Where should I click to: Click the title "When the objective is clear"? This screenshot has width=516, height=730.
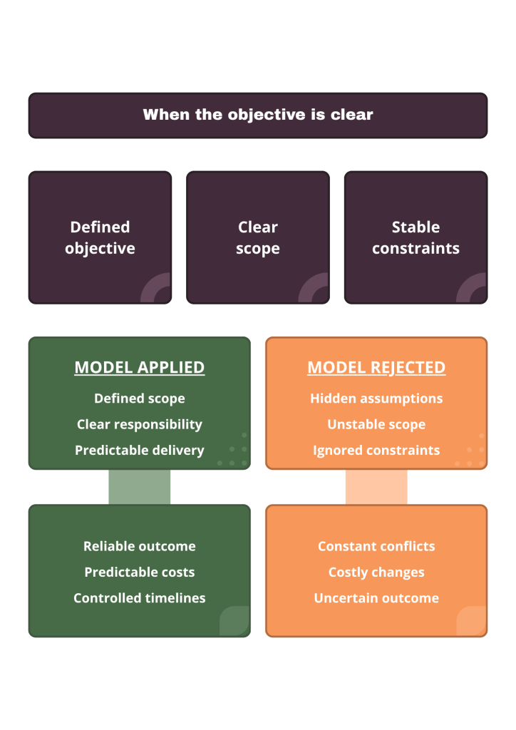[258, 115]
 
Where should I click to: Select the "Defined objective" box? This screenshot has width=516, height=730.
[100, 237]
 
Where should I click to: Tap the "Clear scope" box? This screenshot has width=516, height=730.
[258, 237]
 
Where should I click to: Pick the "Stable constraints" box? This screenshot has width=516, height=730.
[416, 237]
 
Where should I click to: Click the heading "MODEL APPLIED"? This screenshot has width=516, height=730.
[140, 367]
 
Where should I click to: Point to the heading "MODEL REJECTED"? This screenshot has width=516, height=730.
[376, 367]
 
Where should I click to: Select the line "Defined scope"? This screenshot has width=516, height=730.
[140, 399]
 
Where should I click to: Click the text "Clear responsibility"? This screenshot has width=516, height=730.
[140, 425]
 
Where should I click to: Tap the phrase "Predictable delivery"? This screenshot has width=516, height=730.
[140, 451]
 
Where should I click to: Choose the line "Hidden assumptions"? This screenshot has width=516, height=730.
[376, 399]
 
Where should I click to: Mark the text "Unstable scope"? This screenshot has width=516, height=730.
[376, 425]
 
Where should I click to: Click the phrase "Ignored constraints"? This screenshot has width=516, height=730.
[376, 451]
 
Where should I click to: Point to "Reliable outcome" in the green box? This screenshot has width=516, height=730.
[140, 546]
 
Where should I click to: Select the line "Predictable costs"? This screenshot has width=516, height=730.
[140, 572]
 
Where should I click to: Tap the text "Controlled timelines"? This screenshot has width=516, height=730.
[140, 598]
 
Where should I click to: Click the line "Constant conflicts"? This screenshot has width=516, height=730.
[376, 546]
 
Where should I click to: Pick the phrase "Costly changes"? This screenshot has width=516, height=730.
[376, 572]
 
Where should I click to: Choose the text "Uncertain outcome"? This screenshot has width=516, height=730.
[376, 598]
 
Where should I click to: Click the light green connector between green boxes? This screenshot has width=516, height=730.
[140, 487]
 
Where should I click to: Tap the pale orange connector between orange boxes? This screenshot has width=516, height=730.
[376, 487]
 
